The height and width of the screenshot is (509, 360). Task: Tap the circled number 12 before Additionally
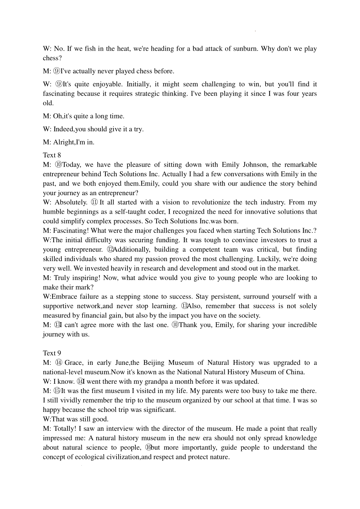click(x=111, y=249)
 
